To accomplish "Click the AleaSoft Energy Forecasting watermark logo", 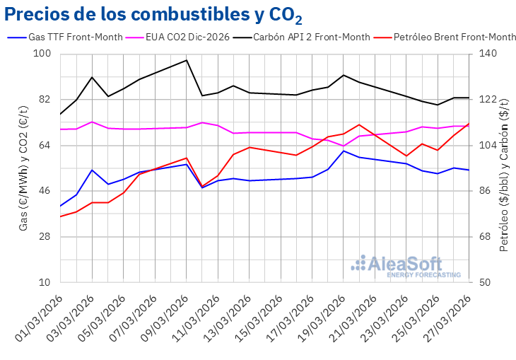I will point(406,266).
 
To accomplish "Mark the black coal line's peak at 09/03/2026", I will point(187,60).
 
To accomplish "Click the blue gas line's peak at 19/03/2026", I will point(344,151).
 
